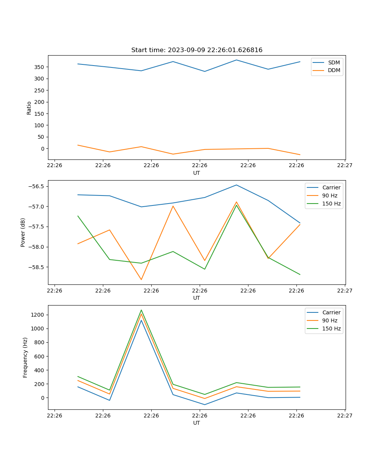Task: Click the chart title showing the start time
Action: point(197,50)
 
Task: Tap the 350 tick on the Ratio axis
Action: point(40,67)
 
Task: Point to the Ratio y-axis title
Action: point(29,108)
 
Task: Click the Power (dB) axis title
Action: point(23,232)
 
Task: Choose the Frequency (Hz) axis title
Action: point(25,357)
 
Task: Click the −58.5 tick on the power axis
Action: point(36,267)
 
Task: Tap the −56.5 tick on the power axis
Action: point(36,187)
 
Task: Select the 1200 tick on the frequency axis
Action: point(38,315)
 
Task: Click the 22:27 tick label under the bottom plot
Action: point(345,415)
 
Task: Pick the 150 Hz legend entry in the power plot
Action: point(331,204)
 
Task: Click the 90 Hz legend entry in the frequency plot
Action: point(330,320)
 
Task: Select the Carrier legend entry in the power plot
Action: point(331,187)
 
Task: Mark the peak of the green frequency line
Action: point(141,310)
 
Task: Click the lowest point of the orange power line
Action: point(141,280)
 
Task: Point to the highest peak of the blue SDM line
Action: point(237,60)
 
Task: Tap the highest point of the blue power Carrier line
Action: point(237,185)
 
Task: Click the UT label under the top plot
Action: point(197,173)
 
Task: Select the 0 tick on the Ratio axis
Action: point(43,149)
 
